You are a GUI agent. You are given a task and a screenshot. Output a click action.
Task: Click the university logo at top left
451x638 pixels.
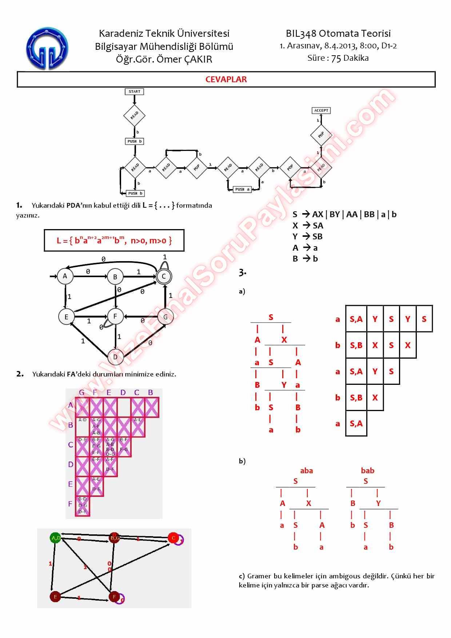(x=47, y=49)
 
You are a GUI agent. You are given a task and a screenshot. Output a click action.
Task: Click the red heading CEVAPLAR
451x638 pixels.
(x=226, y=80)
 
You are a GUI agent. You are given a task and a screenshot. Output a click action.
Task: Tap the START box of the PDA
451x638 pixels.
(x=134, y=92)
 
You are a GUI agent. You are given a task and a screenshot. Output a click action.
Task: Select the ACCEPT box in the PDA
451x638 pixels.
(x=321, y=111)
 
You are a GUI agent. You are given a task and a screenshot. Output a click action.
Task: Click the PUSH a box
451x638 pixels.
(x=242, y=190)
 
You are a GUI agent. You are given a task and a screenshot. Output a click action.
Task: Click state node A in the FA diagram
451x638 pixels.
(x=65, y=276)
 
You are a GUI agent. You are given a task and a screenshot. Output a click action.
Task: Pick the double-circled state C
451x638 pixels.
(x=164, y=276)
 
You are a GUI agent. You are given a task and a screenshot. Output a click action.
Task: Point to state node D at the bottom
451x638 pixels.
(x=115, y=357)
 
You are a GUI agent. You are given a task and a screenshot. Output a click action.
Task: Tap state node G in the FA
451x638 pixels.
(x=165, y=317)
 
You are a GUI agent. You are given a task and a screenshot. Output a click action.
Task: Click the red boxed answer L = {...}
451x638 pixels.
(x=114, y=240)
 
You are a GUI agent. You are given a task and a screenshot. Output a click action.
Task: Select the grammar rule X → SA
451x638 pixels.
(x=308, y=226)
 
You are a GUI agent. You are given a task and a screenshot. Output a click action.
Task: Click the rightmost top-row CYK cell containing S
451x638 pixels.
(x=424, y=319)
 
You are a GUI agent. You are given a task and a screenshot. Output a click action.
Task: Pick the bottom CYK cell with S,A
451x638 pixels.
(x=356, y=423)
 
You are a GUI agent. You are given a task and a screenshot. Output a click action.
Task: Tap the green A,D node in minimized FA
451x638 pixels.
(x=56, y=538)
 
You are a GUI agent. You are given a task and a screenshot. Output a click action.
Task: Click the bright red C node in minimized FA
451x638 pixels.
(x=173, y=538)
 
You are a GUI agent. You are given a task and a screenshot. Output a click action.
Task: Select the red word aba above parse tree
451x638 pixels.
(x=306, y=471)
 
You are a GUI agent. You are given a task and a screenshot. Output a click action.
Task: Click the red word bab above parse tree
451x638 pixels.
(x=367, y=471)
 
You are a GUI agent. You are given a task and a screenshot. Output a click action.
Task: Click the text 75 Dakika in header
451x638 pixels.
(x=350, y=58)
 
